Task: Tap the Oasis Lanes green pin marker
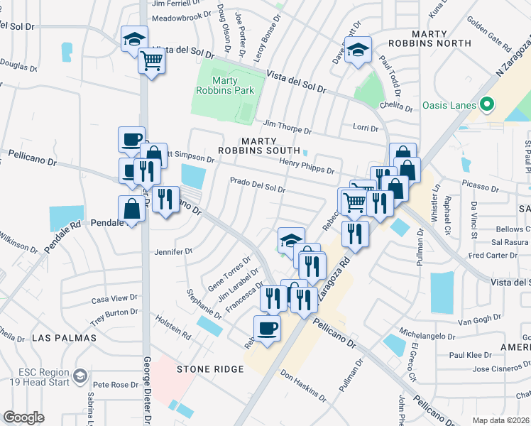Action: [x=487, y=104]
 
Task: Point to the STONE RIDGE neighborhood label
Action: [x=210, y=369]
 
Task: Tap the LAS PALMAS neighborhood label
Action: [x=63, y=338]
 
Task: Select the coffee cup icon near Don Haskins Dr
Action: [x=267, y=329]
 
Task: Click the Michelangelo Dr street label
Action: [x=427, y=334]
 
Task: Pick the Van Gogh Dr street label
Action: [x=475, y=321]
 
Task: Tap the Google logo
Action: [x=24, y=417]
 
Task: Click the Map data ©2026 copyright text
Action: [x=500, y=420]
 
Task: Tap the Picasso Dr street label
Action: [x=481, y=188]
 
